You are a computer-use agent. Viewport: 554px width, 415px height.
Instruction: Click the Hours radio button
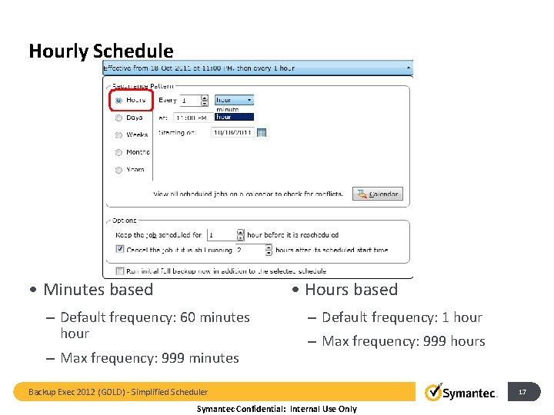118,100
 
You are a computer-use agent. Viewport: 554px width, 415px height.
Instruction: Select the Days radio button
118,118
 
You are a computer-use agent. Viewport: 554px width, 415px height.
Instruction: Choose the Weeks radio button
118,134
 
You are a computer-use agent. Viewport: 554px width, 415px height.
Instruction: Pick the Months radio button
118,152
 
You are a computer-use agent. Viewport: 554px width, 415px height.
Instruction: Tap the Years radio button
118,170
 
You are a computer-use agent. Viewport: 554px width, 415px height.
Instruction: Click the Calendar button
378,194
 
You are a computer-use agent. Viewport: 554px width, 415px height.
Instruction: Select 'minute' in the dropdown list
228,109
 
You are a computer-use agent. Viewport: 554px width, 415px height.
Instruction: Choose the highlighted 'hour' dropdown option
228,117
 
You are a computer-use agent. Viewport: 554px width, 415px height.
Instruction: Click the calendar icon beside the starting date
261,132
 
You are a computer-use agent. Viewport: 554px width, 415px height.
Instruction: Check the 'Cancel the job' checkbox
119,249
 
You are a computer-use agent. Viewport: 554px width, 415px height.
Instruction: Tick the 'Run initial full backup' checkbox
119,271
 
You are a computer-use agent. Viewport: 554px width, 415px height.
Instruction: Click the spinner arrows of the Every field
205,100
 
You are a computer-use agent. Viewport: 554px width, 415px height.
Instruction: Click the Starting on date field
232,132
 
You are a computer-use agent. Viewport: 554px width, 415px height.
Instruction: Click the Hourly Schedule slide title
101,51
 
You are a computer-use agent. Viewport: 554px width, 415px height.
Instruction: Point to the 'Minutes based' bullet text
98,290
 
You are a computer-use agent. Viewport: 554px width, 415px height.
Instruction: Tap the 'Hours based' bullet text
351,290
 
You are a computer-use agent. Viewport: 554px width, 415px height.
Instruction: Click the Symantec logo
461,393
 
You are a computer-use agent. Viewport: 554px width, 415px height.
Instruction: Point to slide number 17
522,393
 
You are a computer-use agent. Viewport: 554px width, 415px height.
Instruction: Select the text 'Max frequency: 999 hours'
403,341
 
